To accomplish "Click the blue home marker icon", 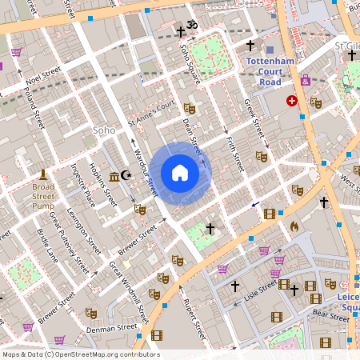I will pyautogui.click(x=180, y=173).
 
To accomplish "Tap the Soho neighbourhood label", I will pyautogui.click(x=104, y=130).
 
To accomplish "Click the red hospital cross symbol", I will pyautogui.click(x=292, y=101).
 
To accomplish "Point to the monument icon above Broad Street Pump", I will pyautogui.click(x=43, y=174).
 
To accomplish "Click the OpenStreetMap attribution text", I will pyautogui.click(x=81, y=354).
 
